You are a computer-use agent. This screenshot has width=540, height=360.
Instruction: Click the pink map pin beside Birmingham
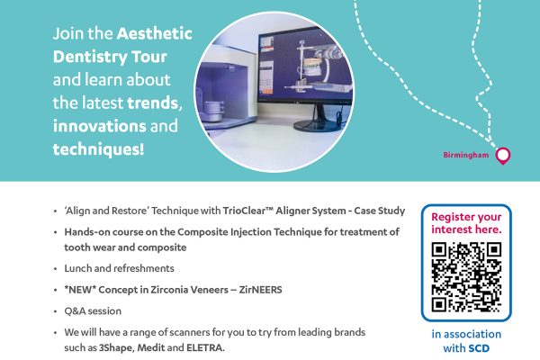coord(503,156)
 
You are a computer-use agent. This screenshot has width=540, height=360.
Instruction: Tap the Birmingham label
coord(465,155)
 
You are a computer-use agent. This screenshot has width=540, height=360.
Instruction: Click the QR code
coord(466,277)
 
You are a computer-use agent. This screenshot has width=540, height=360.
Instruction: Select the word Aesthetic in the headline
coord(154,33)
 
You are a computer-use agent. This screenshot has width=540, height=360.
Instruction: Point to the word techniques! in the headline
coord(98,149)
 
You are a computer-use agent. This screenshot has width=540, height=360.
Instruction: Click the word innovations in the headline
coord(100,126)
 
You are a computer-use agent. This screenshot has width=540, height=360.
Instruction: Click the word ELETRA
coord(205,347)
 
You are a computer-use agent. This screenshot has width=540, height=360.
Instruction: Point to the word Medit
coord(151,347)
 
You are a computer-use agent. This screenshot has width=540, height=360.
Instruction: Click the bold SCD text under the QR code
coord(479,348)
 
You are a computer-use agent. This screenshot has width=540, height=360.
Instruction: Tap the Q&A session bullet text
coord(93,311)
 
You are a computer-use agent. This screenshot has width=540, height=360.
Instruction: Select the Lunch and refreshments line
coord(119,268)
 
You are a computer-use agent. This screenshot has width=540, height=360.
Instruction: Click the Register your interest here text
coord(466,223)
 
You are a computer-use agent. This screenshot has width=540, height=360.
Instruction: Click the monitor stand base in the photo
coord(317,125)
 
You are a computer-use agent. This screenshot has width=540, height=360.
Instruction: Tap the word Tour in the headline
coord(149,57)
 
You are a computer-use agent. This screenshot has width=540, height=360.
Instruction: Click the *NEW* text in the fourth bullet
coord(80,290)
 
